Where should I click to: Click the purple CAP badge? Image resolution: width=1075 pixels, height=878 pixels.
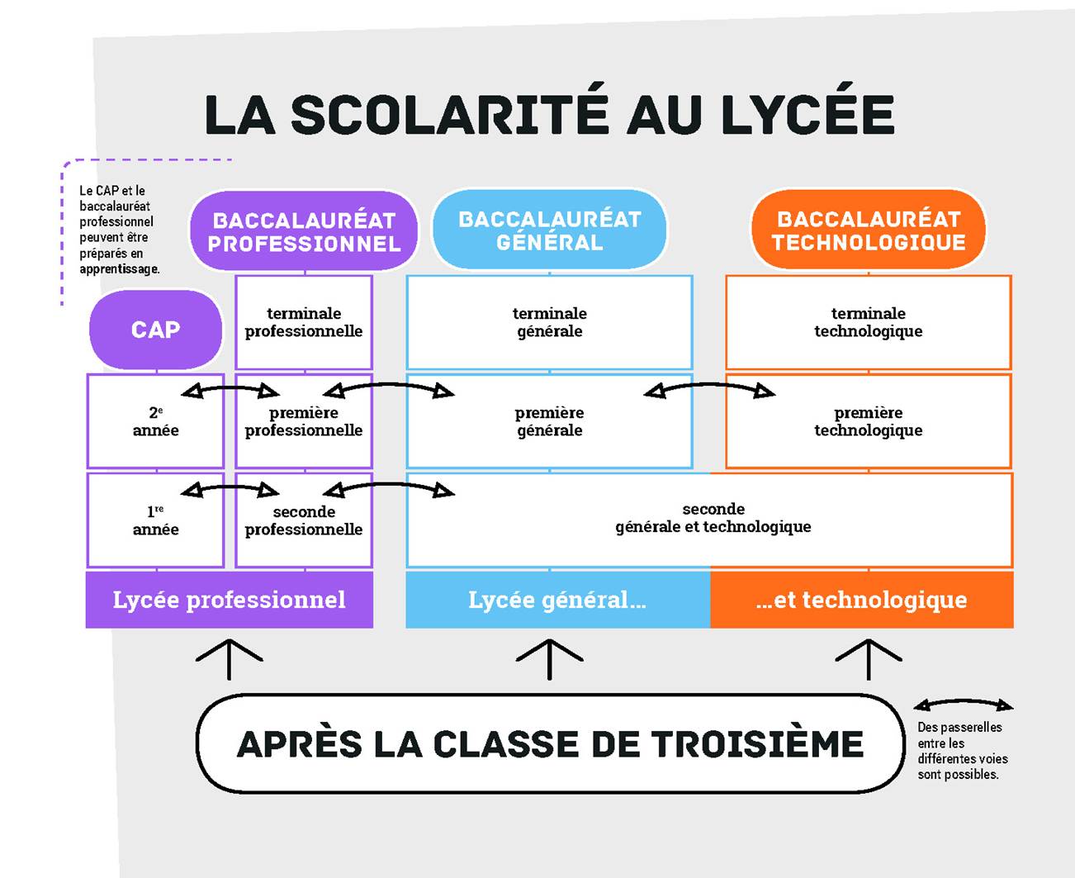coord(155,330)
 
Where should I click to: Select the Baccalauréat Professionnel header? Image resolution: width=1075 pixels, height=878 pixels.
coord(304,232)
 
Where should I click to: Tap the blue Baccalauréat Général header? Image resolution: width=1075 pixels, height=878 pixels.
coord(550,230)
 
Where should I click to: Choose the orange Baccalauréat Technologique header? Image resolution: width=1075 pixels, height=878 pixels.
coord(869,230)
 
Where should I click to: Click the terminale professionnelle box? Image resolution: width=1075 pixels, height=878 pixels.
coord(304,322)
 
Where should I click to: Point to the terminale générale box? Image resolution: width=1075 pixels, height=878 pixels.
coord(549,322)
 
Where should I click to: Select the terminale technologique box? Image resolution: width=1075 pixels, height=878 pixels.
coord(869,322)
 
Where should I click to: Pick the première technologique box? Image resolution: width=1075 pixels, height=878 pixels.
coord(869,421)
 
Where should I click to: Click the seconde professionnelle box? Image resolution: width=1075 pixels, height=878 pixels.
coord(304,520)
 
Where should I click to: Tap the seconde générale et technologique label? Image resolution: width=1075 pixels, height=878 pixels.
coord(713,518)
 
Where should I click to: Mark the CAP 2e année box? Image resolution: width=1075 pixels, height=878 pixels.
coord(155,421)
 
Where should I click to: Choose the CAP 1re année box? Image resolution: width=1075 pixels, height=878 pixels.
coord(155,520)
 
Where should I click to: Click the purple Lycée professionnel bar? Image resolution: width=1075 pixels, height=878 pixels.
coord(230,600)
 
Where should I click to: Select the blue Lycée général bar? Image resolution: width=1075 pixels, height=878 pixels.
coord(557,600)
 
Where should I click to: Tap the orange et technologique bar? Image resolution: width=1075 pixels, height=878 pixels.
coord(861,600)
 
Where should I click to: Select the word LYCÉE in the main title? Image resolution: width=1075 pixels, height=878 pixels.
coord(807,115)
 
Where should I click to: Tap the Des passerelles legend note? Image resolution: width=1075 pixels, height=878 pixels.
coord(961,750)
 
